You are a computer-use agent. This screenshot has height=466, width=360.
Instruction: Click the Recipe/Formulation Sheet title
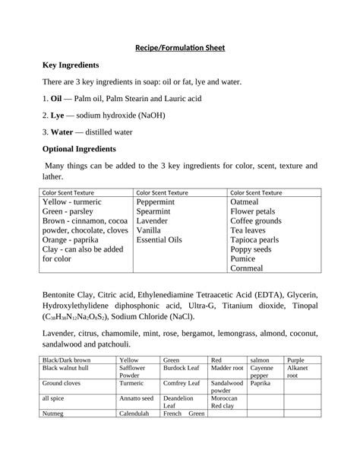(180, 49)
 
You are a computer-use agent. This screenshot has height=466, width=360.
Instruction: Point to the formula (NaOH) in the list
(149, 116)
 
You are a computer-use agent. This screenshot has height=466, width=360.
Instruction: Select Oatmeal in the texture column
(245, 203)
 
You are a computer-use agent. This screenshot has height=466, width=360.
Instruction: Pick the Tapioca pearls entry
(254, 239)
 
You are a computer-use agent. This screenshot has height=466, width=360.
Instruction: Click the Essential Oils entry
(159, 239)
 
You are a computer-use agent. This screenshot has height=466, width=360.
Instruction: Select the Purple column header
(296, 360)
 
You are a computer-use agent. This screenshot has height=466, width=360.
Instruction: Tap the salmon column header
(261, 360)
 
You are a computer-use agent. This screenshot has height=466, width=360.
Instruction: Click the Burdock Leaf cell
(180, 369)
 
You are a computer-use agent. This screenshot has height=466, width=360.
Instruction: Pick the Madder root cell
(226, 369)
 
